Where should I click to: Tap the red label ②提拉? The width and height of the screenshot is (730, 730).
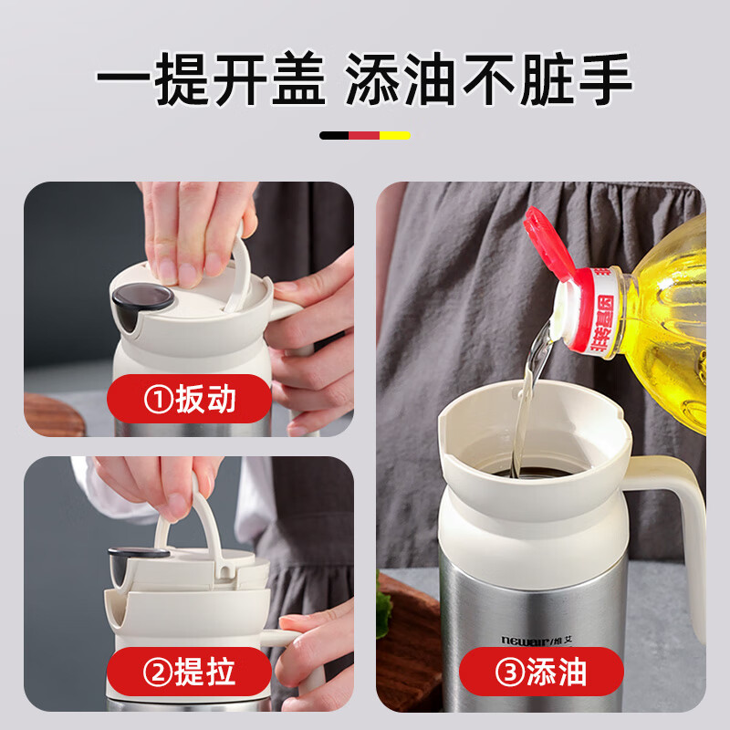coord(189,673)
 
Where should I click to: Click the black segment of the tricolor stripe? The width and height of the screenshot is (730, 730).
coord(334,136)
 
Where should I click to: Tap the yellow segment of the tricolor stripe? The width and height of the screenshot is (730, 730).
coord(395,136)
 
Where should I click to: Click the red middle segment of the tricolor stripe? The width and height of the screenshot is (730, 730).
coord(364,136)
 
